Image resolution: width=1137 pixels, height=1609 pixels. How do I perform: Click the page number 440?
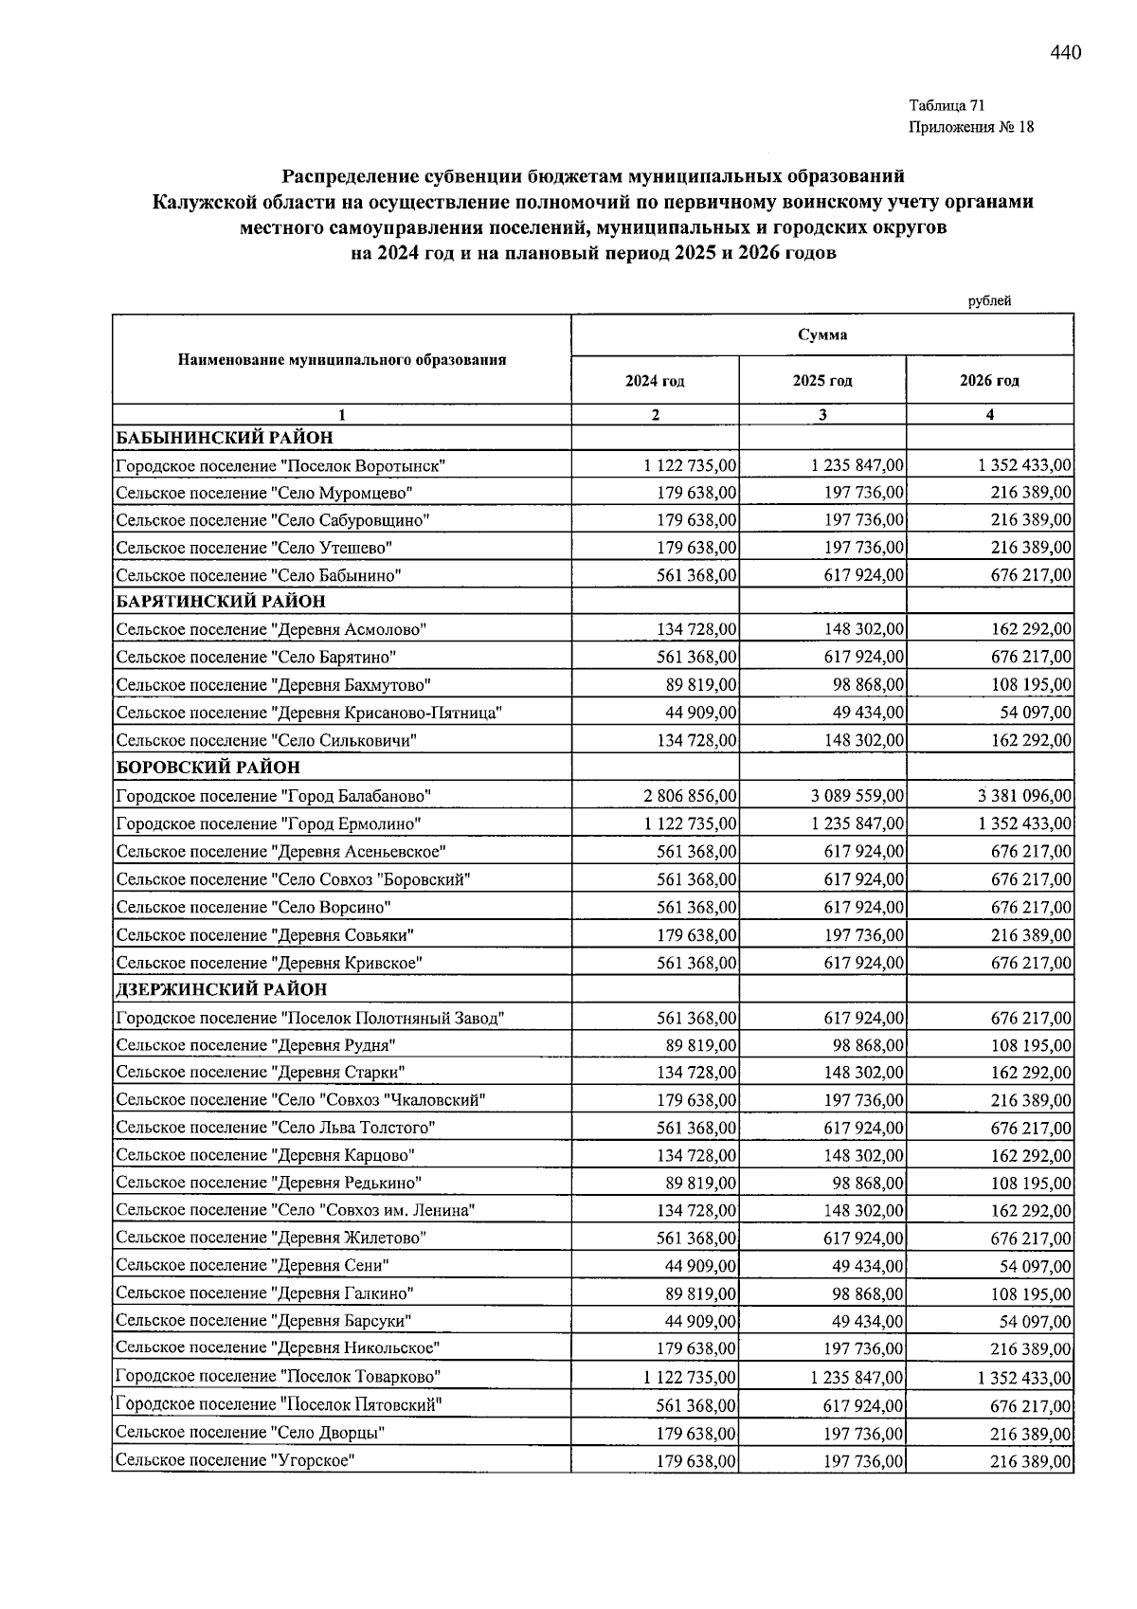pyautogui.click(x=1065, y=53)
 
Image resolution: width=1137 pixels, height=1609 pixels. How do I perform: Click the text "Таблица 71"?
pyautogui.click(x=947, y=105)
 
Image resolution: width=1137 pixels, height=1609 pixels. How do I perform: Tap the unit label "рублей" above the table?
pyautogui.click(x=989, y=301)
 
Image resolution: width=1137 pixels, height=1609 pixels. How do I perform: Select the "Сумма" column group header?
pyautogui.click(x=821, y=334)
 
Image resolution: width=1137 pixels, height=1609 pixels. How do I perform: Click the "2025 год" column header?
pyautogui.click(x=821, y=381)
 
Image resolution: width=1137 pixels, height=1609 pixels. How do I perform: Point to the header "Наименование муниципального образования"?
pyautogui.click(x=341, y=360)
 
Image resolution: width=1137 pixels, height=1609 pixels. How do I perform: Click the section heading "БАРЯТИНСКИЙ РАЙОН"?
pyautogui.click(x=221, y=602)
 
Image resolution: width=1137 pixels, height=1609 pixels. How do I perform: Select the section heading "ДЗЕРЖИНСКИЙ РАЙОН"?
pyautogui.click(x=222, y=989)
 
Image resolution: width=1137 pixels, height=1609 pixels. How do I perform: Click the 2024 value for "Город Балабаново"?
pyautogui.click(x=690, y=796)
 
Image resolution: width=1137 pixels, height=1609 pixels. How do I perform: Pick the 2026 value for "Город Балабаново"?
pyautogui.click(x=1025, y=796)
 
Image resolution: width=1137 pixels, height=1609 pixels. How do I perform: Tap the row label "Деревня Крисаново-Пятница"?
pyautogui.click(x=308, y=713)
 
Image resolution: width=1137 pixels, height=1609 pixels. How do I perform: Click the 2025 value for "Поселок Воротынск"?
pyautogui.click(x=857, y=465)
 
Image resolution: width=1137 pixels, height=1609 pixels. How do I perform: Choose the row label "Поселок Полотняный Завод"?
pyautogui.click(x=310, y=1019)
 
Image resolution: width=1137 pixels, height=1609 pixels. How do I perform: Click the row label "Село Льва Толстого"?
pyautogui.click(x=275, y=1129)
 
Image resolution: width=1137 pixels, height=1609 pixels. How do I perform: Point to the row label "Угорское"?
pyautogui.click(x=234, y=1461)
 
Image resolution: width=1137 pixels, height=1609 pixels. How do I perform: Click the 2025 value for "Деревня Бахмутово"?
pyautogui.click(x=864, y=685)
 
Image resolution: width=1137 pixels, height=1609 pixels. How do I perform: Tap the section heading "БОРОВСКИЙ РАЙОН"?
pyautogui.click(x=208, y=768)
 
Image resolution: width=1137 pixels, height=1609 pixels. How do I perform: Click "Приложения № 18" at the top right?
pyautogui.click(x=971, y=127)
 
